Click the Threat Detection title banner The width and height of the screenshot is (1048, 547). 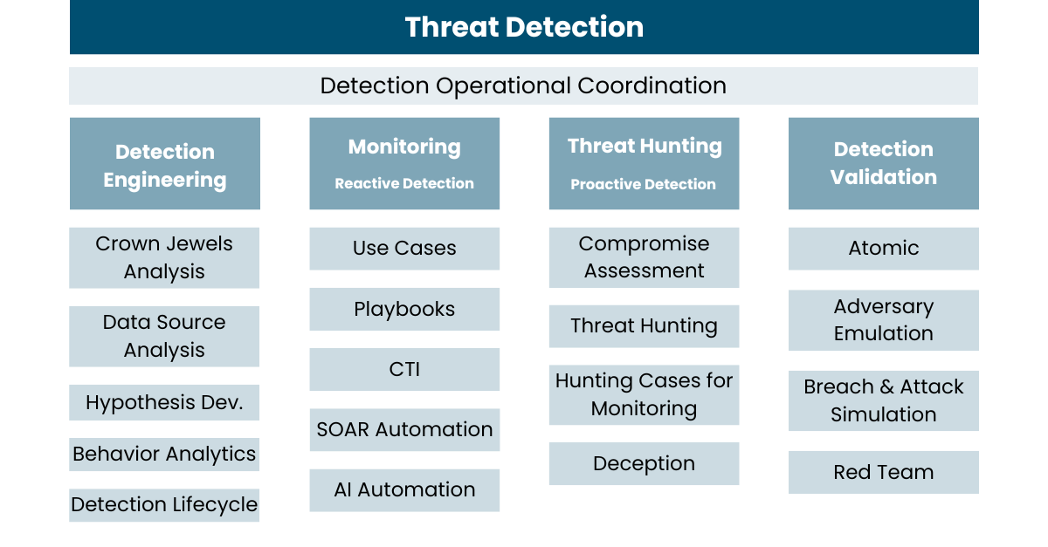tap(524, 27)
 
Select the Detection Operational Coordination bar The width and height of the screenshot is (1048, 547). tap(523, 85)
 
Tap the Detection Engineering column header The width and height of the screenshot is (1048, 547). tap(165, 164)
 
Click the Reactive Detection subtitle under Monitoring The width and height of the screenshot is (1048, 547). tap(404, 183)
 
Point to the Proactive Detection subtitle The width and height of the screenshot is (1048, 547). tap(644, 184)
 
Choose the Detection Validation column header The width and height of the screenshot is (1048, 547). tap(883, 164)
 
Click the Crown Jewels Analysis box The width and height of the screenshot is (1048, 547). tap(164, 257)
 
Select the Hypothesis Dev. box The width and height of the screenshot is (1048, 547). tap(164, 402)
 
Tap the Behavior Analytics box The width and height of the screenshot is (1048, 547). tap(164, 455)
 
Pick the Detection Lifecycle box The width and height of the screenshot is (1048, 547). tap(164, 505)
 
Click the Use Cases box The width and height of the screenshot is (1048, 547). tap(404, 249)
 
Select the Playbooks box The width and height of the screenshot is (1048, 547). tap(404, 309)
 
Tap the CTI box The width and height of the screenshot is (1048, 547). tap(404, 369)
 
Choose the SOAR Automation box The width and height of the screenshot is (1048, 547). tap(404, 429)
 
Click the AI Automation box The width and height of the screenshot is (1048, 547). tap(404, 490)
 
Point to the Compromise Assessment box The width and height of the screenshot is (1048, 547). tap(644, 257)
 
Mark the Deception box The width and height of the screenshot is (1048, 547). tap(644, 464)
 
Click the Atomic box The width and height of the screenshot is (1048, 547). tap(883, 249)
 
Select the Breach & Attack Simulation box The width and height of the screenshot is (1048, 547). tap(883, 400)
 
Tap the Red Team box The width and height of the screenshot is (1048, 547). tap(883, 472)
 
